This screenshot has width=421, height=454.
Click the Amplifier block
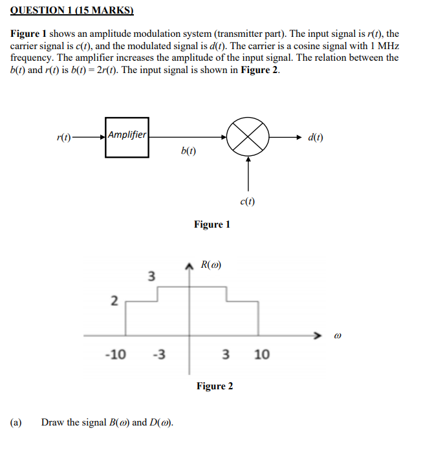click(x=127, y=136)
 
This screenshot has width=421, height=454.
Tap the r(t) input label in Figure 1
click(x=64, y=138)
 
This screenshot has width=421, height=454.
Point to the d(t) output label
click(x=316, y=137)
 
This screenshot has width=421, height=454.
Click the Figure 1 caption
click(x=211, y=224)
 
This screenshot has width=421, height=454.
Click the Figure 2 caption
click(x=215, y=386)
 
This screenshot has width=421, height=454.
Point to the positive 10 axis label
click(x=261, y=354)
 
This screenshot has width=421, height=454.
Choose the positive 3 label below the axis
click(x=225, y=354)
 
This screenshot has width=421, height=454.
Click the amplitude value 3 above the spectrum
click(x=151, y=277)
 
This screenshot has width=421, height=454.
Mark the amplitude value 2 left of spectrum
click(x=114, y=301)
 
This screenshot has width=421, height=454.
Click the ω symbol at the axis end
click(x=336, y=336)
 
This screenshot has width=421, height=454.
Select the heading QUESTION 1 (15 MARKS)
click(x=72, y=10)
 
